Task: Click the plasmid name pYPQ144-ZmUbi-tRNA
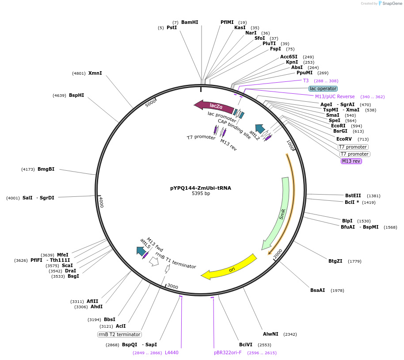click(200, 188)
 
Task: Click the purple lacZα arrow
click(215, 106)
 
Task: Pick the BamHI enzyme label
click(190, 22)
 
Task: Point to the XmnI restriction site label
click(95, 73)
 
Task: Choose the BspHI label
click(76, 95)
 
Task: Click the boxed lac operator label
click(323, 88)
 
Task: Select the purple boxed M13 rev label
click(351, 161)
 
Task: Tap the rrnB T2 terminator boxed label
click(119, 334)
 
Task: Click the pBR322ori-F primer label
click(228, 352)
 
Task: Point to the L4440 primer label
click(172, 352)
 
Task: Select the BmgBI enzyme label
click(46, 169)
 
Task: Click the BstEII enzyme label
click(353, 195)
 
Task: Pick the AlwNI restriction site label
click(271, 334)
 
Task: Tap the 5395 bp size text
click(200, 194)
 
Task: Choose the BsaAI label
click(317, 290)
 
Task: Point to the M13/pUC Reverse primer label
click(335, 96)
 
